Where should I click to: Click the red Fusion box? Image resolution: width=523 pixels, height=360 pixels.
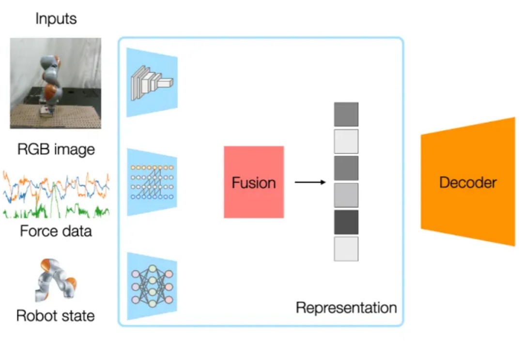(x=254, y=182)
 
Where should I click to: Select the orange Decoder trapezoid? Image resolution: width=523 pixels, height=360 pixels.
(x=468, y=182)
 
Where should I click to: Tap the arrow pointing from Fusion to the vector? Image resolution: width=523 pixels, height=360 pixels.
(x=310, y=182)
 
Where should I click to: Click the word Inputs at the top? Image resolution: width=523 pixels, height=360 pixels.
(x=56, y=19)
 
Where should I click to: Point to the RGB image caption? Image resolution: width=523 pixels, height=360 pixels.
(x=56, y=149)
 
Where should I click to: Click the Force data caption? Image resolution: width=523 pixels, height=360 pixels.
(x=56, y=231)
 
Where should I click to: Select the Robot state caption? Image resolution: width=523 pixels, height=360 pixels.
(x=56, y=315)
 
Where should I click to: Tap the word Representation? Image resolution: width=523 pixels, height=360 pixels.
(x=346, y=307)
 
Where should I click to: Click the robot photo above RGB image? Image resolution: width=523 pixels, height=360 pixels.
(x=56, y=83)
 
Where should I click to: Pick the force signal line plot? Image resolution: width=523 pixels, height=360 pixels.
(x=56, y=194)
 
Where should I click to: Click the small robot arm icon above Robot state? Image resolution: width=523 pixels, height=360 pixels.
(x=56, y=281)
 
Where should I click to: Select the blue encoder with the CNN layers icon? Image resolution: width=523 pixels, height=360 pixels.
(x=152, y=82)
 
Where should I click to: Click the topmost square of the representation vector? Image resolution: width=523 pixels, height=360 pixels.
(x=346, y=114)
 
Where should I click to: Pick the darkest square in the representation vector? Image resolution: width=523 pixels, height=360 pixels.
(x=346, y=222)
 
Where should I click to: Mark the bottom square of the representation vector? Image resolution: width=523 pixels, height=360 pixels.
(x=346, y=249)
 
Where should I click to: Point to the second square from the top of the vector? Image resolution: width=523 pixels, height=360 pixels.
(x=346, y=141)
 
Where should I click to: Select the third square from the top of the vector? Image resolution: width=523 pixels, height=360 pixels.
(x=346, y=168)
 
